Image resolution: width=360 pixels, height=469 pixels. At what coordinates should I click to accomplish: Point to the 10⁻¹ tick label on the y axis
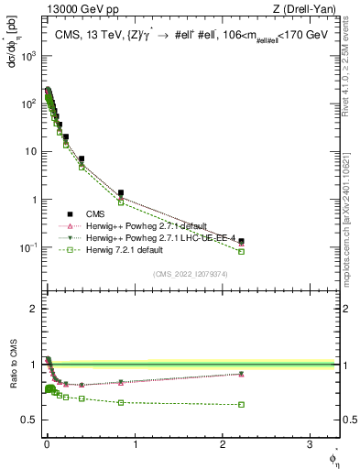(x=27, y=247)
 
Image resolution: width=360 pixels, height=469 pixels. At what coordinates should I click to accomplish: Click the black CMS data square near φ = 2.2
(x=241, y=241)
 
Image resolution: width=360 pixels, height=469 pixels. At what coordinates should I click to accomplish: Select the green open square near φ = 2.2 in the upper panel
(x=241, y=251)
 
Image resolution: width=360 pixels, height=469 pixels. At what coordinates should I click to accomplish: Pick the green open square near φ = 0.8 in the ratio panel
(x=120, y=402)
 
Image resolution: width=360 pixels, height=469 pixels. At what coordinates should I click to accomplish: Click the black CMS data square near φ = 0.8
(x=120, y=193)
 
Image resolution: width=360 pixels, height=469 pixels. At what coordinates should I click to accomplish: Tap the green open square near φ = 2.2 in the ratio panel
(x=241, y=404)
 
